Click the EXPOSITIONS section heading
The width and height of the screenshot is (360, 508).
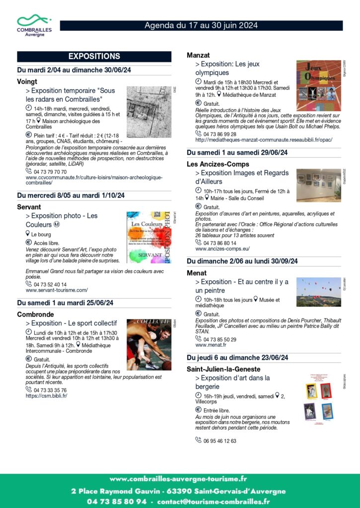click(94, 56)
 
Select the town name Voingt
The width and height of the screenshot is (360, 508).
click(27, 80)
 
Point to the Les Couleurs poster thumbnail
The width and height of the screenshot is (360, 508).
click(148, 237)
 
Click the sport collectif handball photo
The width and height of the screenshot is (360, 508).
click(148, 344)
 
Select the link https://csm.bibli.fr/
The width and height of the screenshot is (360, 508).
click(46, 395)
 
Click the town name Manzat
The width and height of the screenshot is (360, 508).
click(199, 55)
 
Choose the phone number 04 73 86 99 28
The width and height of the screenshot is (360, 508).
click(219, 134)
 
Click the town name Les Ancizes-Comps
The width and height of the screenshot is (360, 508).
click(218, 164)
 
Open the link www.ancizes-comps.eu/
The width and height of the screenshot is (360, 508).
click(222, 249)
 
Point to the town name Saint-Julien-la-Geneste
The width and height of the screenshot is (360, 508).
click(223, 369)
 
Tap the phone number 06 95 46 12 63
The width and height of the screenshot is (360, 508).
click(219, 440)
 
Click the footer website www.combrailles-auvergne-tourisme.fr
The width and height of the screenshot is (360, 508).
click(178, 479)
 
